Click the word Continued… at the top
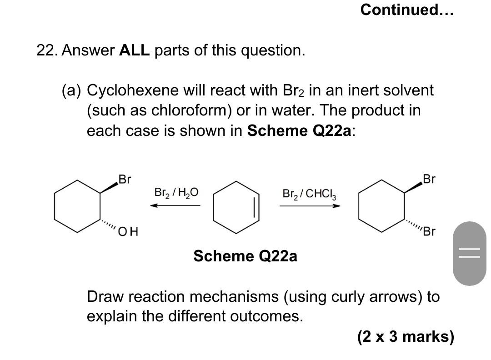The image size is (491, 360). [x=407, y=10]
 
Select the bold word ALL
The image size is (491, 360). [x=134, y=50]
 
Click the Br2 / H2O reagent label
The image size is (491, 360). [x=176, y=192]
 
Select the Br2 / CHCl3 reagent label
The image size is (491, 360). [x=309, y=194]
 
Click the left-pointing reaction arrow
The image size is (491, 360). [x=175, y=205]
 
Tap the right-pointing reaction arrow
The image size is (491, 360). [x=310, y=206]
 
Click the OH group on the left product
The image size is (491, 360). [x=128, y=232]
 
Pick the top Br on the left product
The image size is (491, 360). [x=125, y=179]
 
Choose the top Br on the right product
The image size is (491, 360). [x=429, y=179]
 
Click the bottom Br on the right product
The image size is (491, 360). [x=429, y=232]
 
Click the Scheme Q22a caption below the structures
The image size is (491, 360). [x=245, y=256]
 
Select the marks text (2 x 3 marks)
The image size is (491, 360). [x=406, y=337]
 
